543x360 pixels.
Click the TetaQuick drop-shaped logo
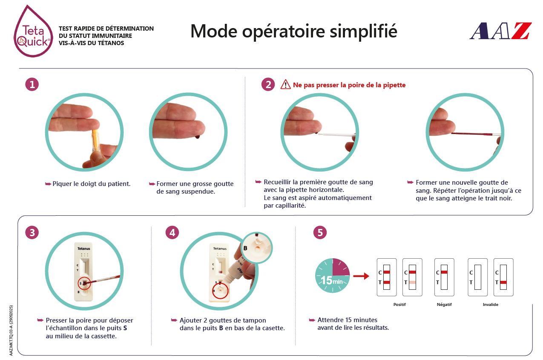tap(33, 31)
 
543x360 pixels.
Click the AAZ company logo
tap(501, 31)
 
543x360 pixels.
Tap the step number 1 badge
tap(32, 84)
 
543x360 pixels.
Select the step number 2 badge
tap(268, 84)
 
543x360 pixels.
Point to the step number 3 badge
tap(32, 233)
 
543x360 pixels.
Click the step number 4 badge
tap(172, 233)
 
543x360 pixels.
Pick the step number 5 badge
tap(320, 233)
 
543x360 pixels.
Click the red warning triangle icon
tap(286, 84)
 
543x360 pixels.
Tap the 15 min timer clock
tap(332, 275)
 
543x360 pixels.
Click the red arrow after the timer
tap(361, 276)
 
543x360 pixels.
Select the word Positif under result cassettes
tap(399, 305)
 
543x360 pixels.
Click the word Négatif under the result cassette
tap(444, 305)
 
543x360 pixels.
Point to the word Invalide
tap(490, 305)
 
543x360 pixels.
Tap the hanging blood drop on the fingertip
tap(197, 137)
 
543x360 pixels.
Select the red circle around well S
tap(84, 283)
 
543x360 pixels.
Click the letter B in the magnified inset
tap(245, 248)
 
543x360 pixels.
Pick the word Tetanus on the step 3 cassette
tap(83, 249)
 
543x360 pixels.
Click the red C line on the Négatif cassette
tap(444, 272)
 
